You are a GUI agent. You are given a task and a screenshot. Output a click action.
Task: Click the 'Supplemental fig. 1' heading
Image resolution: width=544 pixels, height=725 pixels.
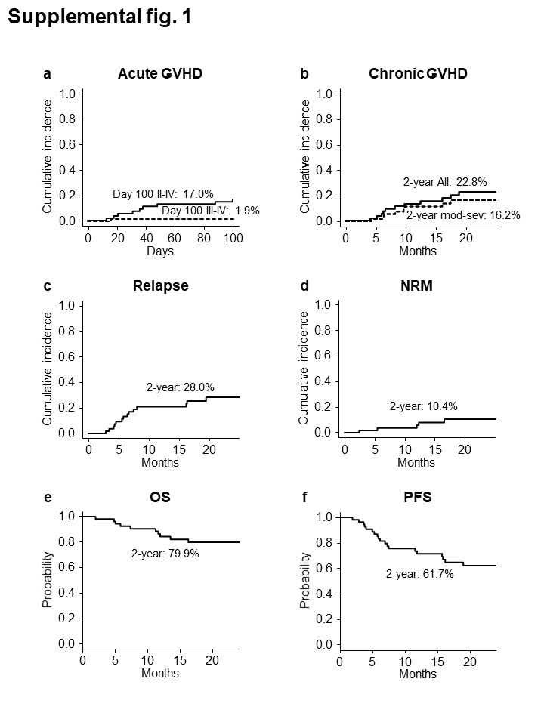tap(99, 19)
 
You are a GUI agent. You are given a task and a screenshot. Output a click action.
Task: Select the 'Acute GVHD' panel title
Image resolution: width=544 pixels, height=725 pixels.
tap(160, 74)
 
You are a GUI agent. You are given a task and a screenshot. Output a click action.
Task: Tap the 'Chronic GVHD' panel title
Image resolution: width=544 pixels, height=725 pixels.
tap(418, 74)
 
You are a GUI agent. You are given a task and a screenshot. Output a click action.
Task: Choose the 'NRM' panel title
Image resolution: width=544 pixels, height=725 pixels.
tap(418, 286)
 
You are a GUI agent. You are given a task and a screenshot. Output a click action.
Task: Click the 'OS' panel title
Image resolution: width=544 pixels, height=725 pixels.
tap(161, 498)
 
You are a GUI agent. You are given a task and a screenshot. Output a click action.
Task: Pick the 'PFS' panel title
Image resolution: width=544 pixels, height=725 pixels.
tap(417, 498)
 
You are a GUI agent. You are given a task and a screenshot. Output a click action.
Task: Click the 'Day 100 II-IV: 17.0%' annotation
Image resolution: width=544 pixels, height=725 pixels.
tap(163, 194)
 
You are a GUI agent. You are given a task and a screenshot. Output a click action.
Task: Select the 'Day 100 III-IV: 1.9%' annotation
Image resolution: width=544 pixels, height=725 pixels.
tap(211, 211)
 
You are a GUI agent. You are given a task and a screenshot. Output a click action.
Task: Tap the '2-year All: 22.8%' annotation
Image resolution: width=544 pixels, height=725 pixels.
tap(444, 182)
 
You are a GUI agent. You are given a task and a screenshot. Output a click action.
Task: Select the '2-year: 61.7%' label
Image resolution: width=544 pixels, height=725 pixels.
tap(420, 574)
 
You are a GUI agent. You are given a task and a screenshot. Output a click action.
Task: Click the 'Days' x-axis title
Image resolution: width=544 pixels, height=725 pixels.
tap(160, 250)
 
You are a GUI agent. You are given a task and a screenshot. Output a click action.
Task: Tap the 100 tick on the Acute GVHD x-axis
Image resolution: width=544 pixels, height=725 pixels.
tap(233, 238)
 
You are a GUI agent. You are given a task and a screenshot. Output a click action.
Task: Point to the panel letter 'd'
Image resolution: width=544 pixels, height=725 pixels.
tap(304, 286)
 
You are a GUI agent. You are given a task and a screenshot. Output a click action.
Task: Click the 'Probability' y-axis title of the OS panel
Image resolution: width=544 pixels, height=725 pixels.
tap(48, 580)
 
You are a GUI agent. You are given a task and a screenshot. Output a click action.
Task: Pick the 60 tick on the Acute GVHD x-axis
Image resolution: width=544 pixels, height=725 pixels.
tap(175, 238)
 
